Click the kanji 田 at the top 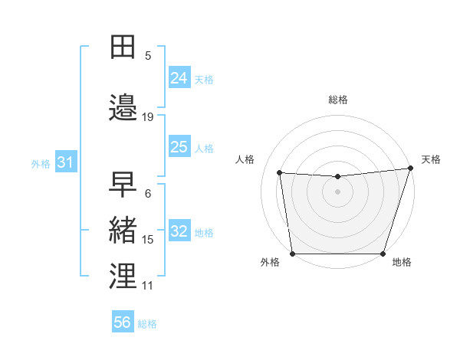(x=123, y=47)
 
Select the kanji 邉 (x=123, y=109)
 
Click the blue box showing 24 (x=179, y=77)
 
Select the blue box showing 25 (x=179, y=147)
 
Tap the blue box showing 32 (x=179, y=232)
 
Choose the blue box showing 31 (x=65, y=162)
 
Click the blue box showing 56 (x=123, y=322)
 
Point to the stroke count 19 (x=148, y=116)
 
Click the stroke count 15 (x=148, y=240)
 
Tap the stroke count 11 (x=148, y=286)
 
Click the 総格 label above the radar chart (x=338, y=100)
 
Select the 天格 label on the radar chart (x=431, y=159)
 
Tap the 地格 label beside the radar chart (x=402, y=262)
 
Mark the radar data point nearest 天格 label (x=410, y=169)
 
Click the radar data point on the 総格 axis (x=338, y=177)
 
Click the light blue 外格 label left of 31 (x=41, y=163)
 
